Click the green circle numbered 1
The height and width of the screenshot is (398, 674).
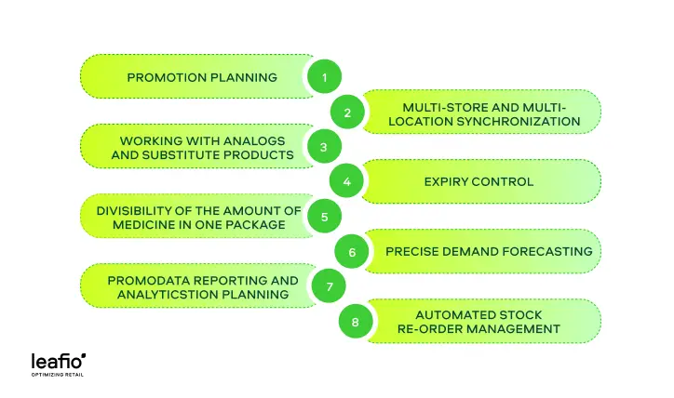tap(325, 76)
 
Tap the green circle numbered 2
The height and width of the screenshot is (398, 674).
tap(347, 113)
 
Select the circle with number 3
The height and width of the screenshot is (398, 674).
tap(325, 147)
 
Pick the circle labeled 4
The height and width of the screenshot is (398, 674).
tap(346, 181)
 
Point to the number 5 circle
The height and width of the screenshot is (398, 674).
tap(325, 217)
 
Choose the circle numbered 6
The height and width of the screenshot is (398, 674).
tap(352, 252)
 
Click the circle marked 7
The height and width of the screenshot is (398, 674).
tap(329, 286)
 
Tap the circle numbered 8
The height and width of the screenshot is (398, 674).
tap(356, 322)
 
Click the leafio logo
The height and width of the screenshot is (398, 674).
tap(58, 362)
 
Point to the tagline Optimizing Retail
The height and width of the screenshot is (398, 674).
tap(58, 375)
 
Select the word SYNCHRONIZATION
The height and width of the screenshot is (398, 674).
tap(519, 122)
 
